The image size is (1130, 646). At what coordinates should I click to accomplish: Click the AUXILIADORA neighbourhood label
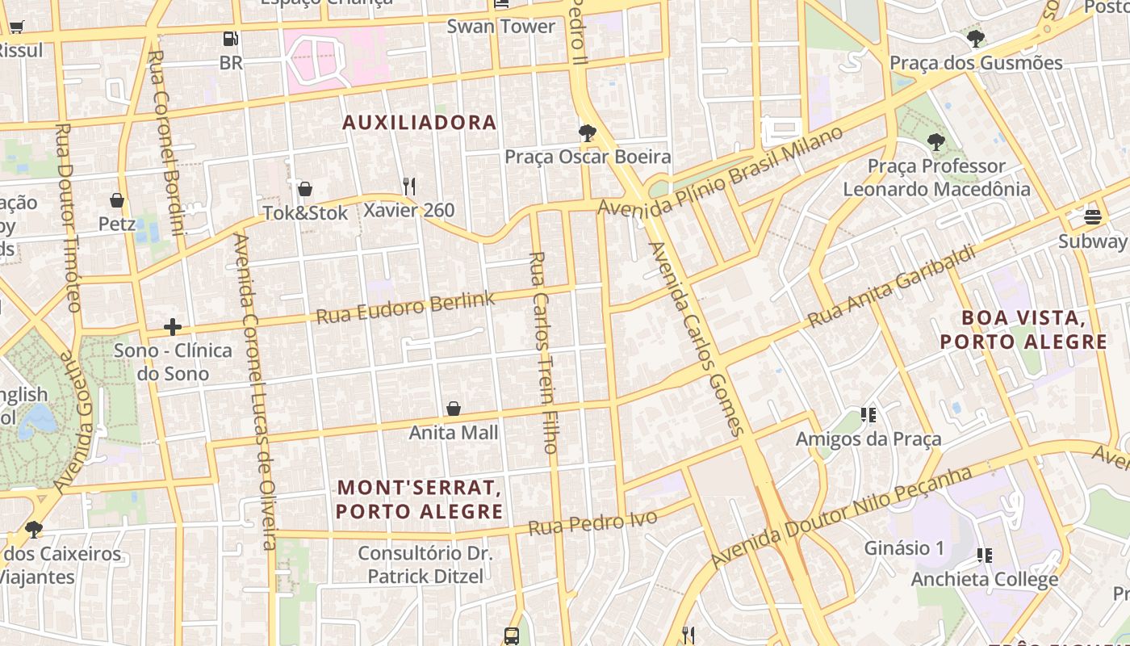tap(419, 123)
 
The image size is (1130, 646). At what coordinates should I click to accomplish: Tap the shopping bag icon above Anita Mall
tap(454, 409)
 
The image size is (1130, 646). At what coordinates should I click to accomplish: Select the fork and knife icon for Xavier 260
tap(409, 187)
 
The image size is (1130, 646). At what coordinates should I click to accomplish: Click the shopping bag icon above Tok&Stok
tap(305, 190)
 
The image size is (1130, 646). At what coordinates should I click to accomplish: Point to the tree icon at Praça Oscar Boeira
tap(588, 133)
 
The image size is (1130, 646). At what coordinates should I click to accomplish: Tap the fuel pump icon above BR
tap(231, 39)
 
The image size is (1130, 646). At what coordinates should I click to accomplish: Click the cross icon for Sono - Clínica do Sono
tap(172, 327)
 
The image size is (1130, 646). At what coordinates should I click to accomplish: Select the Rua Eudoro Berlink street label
tap(405, 308)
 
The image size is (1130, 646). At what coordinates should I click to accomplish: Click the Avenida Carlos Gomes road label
tap(695, 339)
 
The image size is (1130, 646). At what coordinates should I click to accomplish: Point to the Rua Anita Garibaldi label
tap(892, 287)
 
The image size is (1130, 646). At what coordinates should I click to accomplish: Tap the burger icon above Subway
tap(1093, 216)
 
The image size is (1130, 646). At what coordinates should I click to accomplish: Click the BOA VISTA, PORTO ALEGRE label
tap(1023, 329)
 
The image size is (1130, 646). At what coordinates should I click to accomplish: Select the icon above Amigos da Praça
tap(868, 416)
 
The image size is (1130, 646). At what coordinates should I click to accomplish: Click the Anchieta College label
tap(985, 580)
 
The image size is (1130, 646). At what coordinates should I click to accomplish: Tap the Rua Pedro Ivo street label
tap(592, 523)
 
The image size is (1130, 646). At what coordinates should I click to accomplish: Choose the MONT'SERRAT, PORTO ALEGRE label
tap(420, 500)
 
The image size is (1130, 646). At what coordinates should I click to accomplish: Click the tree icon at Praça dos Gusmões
tap(976, 38)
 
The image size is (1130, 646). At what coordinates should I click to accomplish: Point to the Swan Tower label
tap(501, 27)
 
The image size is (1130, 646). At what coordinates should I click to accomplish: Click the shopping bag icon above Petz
tap(117, 200)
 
